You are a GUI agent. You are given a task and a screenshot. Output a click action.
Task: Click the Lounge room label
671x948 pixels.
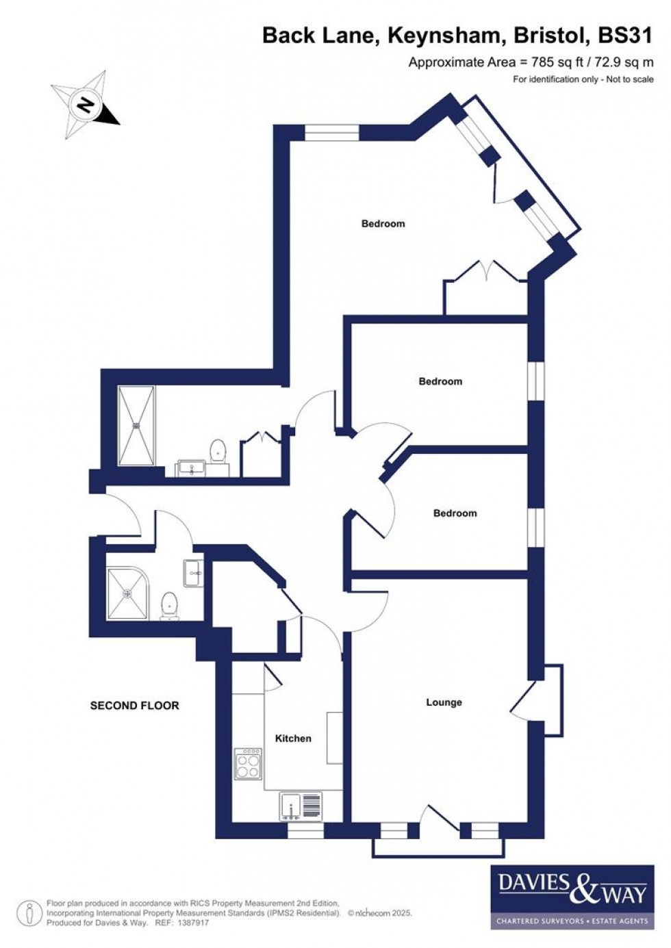pyautogui.click(x=444, y=702)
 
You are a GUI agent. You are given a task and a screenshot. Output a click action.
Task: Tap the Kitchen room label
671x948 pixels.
pyautogui.click(x=293, y=739)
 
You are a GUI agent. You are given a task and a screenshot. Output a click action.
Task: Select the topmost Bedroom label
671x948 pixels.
pyautogui.click(x=383, y=224)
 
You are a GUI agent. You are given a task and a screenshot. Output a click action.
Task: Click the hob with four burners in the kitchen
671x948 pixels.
pyautogui.click(x=248, y=764)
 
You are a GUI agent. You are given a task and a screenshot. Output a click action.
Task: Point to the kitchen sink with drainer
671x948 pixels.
pyautogui.click(x=301, y=806)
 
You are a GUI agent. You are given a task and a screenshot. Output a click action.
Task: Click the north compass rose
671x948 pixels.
pyautogui.click(x=86, y=105)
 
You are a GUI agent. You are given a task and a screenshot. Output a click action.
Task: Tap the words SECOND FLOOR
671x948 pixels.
pyautogui.click(x=134, y=706)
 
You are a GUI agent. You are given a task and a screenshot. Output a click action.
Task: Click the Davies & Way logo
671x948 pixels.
pyautogui.click(x=572, y=897)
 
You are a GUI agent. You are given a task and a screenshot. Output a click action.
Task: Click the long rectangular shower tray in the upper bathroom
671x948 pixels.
pyautogui.click(x=137, y=426)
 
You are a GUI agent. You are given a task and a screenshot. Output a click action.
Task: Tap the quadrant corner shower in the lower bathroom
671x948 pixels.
pyautogui.click(x=127, y=593)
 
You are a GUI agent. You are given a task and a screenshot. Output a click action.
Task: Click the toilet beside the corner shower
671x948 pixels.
pyautogui.click(x=170, y=605)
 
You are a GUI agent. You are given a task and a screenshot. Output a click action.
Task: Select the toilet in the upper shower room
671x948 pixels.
pyautogui.click(x=218, y=450)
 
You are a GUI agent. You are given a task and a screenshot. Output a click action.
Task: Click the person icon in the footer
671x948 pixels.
pyautogui.click(x=29, y=913)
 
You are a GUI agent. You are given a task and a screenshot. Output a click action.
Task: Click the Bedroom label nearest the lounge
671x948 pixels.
pyautogui.click(x=455, y=513)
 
